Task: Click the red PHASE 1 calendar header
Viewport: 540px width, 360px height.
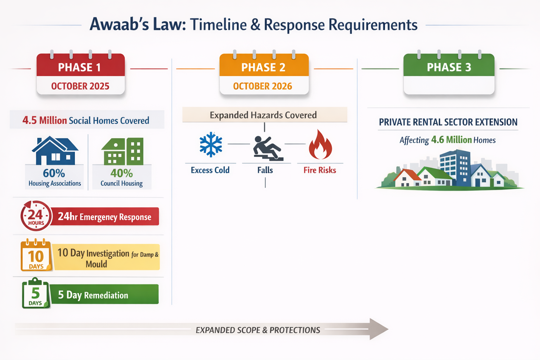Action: click(x=81, y=66)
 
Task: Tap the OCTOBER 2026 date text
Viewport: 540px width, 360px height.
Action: click(x=263, y=86)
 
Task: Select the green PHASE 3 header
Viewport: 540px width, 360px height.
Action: click(x=449, y=67)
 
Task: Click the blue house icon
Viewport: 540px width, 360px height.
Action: click(x=55, y=151)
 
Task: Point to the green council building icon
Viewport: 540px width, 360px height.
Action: click(x=123, y=152)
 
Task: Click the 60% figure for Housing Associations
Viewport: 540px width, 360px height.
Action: click(x=54, y=173)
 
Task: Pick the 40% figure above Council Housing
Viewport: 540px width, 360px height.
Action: click(x=122, y=173)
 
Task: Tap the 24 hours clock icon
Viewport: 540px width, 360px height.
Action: click(x=36, y=216)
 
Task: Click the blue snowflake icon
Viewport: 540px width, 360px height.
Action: click(x=211, y=144)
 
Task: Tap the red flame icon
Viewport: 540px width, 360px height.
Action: click(x=320, y=145)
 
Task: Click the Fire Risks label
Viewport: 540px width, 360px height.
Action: click(x=320, y=170)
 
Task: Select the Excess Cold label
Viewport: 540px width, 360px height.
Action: click(x=210, y=170)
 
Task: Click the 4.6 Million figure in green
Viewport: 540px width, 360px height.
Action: click(x=451, y=140)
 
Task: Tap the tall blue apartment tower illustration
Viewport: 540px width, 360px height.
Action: click(x=455, y=167)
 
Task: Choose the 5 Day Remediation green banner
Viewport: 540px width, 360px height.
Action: click(x=104, y=295)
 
